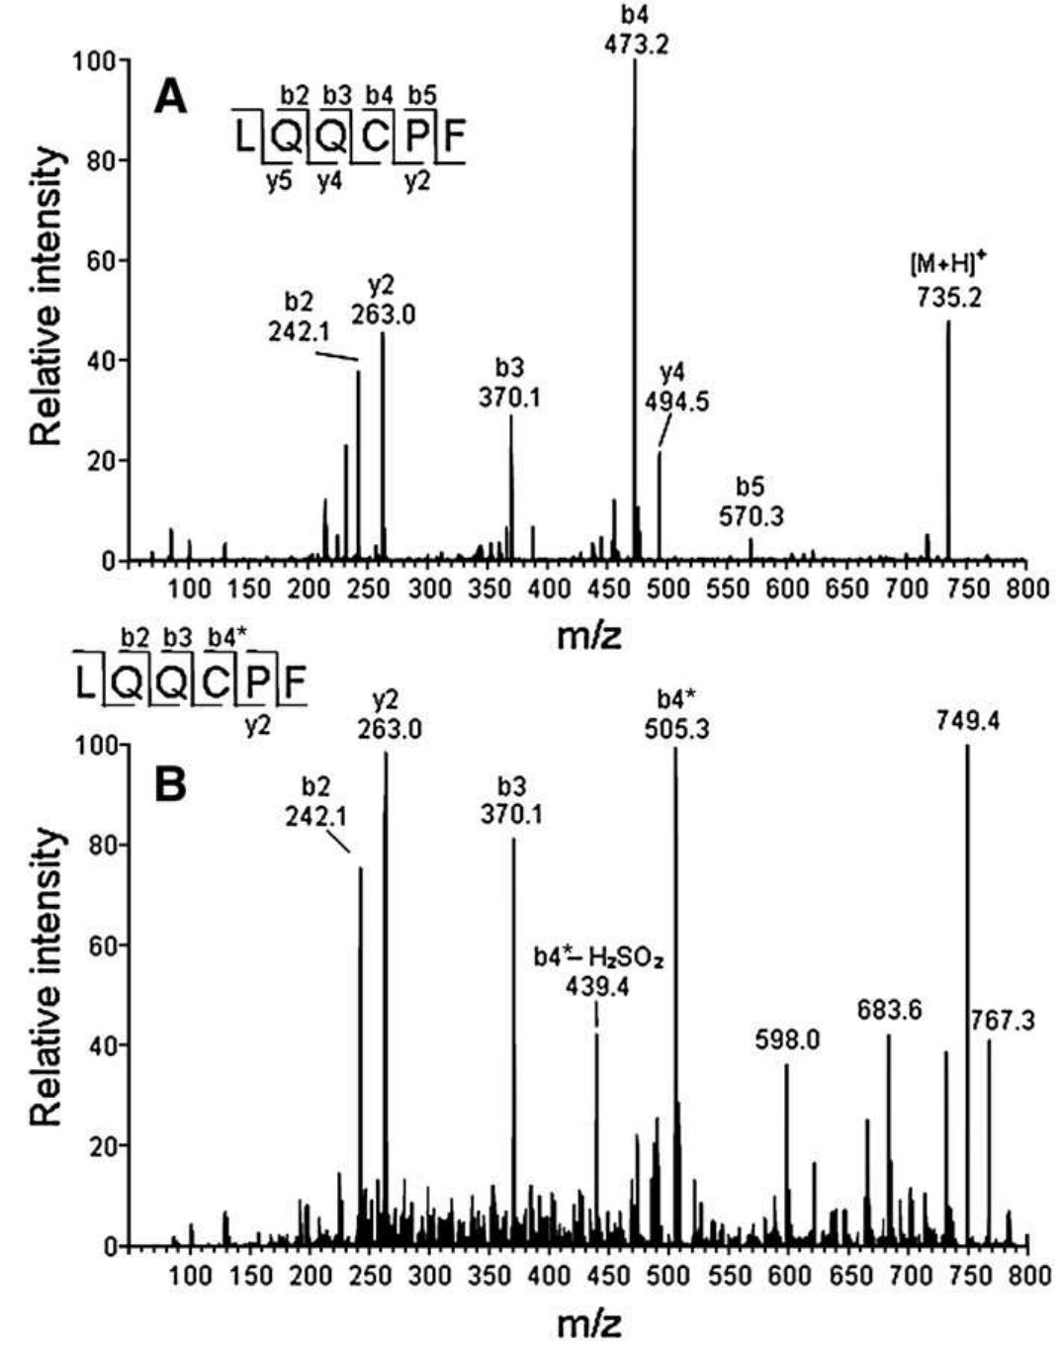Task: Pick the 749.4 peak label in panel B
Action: tap(968, 722)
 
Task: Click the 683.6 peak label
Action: tap(889, 1011)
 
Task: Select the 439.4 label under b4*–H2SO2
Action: tap(596, 985)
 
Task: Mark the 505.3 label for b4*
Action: tap(677, 730)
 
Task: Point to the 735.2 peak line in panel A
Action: tap(948, 445)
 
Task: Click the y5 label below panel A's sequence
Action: tap(279, 182)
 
